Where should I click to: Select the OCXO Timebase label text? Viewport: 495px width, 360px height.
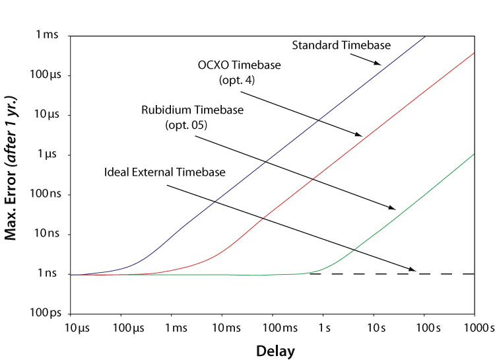click(239, 66)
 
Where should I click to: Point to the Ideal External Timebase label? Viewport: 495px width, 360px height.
click(165, 172)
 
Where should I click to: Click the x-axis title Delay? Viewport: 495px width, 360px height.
click(276, 350)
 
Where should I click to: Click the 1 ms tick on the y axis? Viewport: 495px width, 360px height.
click(47, 35)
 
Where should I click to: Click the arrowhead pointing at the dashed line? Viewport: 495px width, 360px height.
click(412, 269)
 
